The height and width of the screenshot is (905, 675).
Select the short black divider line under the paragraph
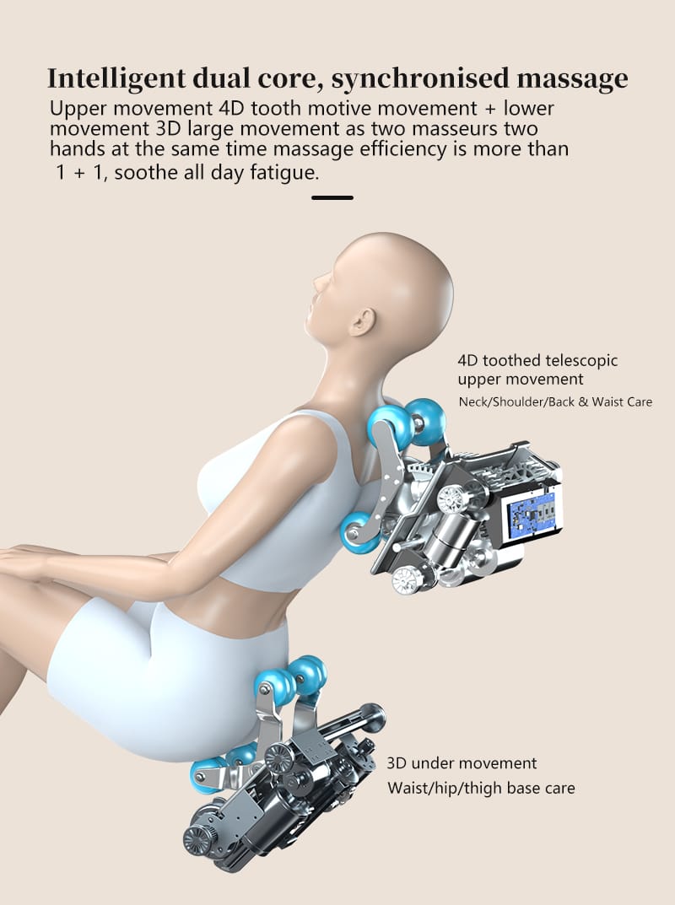(x=332, y=198)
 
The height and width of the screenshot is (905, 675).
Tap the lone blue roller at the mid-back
(x=357, y=532)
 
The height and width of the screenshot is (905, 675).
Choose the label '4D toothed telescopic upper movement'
(x=537, y=369)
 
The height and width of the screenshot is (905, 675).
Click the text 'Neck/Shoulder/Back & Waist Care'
(x=555, y=401)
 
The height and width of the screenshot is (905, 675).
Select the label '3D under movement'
(x=462, y=763)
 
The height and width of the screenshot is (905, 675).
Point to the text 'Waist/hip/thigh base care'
(x=481, y=789)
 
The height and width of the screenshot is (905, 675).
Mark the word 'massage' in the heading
(x=571, y=78)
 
